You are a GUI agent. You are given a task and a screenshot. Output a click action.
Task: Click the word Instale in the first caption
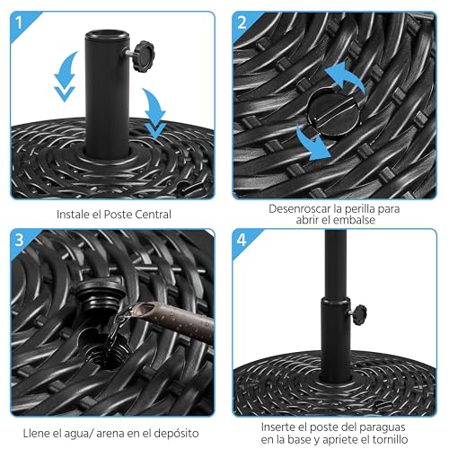point(75,215)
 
